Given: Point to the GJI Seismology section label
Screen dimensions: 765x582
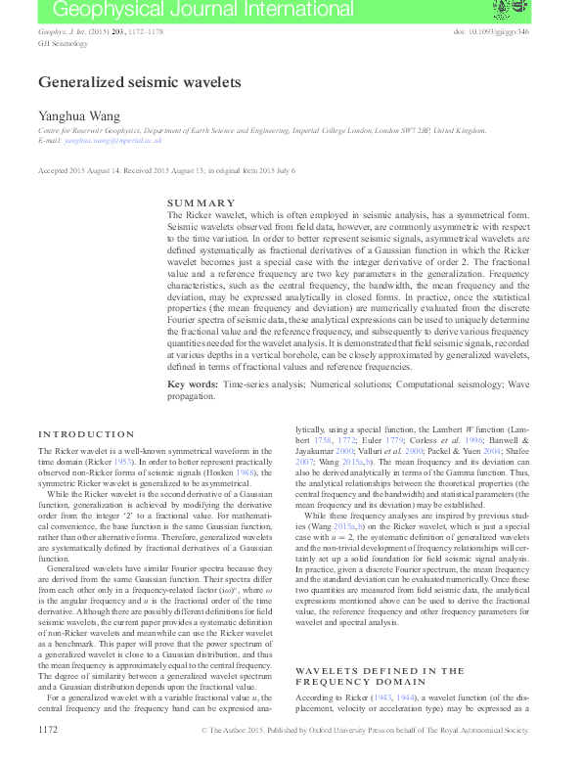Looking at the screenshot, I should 63,44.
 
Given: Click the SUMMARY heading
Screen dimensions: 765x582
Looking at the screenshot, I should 201,202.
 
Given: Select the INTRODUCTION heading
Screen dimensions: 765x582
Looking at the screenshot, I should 86,433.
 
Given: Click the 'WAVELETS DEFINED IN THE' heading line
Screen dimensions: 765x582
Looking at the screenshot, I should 366,671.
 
